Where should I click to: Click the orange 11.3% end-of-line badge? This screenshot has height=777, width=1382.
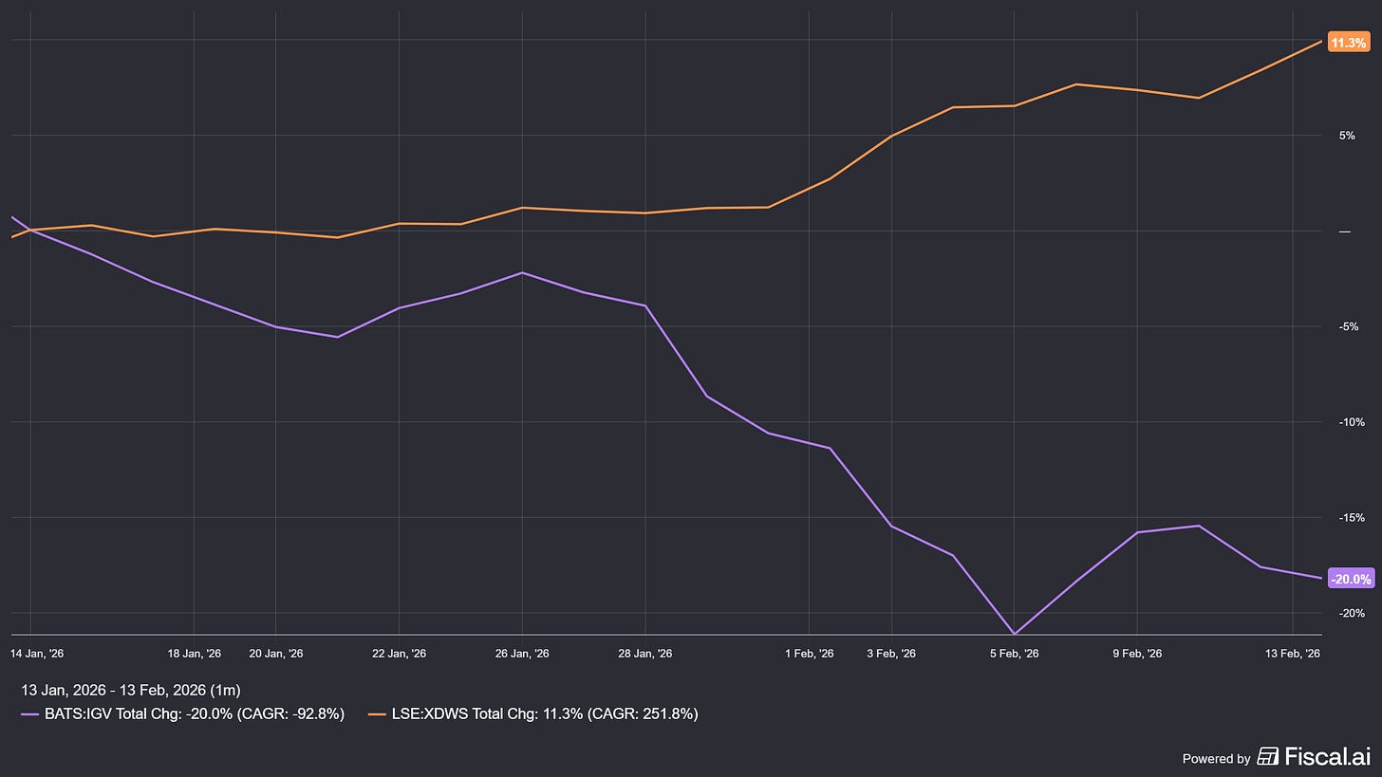pos(1349,43)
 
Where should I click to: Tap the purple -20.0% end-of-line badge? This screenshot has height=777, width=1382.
pos(1351,579)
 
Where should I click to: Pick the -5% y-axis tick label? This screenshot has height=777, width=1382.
pos(1347,326)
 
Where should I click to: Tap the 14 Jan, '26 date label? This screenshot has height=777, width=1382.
pos(37,654)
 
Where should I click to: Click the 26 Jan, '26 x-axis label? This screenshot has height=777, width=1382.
pos(522,654)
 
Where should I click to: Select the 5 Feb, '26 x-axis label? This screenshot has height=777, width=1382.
pos(1014,654)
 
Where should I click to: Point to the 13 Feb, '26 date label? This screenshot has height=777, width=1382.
pos(1293,654)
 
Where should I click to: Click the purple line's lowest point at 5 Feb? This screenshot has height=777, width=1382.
pos(1014,634)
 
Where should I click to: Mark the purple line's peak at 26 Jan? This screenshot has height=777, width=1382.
pos(522,273)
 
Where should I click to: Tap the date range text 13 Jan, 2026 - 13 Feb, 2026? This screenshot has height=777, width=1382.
pos(130,690)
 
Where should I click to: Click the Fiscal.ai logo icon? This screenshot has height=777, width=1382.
pos(1267,756)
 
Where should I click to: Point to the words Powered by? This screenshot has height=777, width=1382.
pos(1216,758)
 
